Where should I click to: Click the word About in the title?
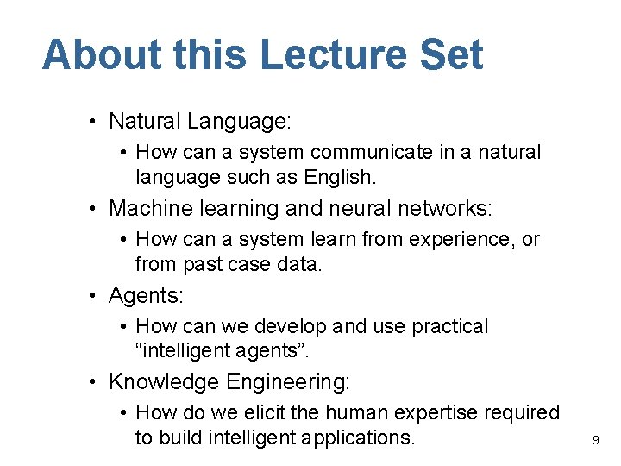tap(100, 54)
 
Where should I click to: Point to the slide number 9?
tap(595, 441)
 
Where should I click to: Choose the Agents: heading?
tap(146, 296)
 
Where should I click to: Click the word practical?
tap(446, 327)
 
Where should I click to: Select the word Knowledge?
tap(165, 382)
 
